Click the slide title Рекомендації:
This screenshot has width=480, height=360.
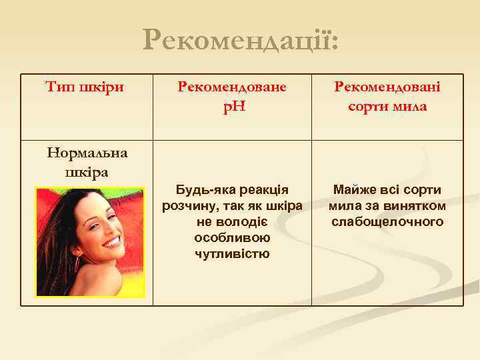(241, 42)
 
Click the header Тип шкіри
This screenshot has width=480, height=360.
(86, 87)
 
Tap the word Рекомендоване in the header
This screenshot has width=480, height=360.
(231, 87)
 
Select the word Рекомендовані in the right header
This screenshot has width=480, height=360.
(387, 87)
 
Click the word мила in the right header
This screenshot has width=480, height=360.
(409, 106)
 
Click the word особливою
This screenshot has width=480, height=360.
(231, 237)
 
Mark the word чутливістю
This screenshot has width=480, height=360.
(231, 253)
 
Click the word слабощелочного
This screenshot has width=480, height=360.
(387, 221)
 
